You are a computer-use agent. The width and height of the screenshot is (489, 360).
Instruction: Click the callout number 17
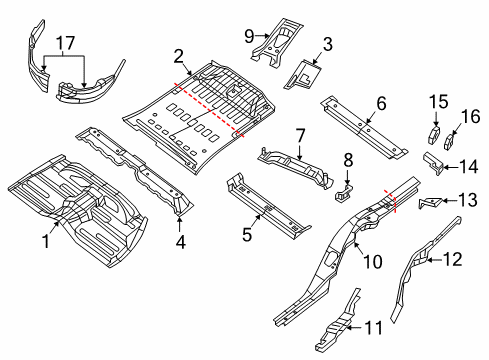pyautogui.click(x=66, y=43)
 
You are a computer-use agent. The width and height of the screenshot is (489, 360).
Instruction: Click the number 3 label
pyautogui.click(x=326, y=44)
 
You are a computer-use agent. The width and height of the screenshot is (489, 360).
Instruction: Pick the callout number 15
pyautogui.click(x=434, y=102)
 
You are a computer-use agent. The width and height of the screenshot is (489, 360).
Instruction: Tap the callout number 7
pyautogui.click(x=298, y=135)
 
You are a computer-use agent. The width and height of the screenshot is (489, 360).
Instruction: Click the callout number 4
pyautogui.click(x=180, y=240)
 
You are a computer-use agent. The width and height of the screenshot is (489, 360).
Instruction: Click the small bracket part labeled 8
pyautogui.click(x=344, y=190)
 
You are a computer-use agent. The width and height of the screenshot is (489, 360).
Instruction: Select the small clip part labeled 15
pyautogui.click(x=434, y=134)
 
